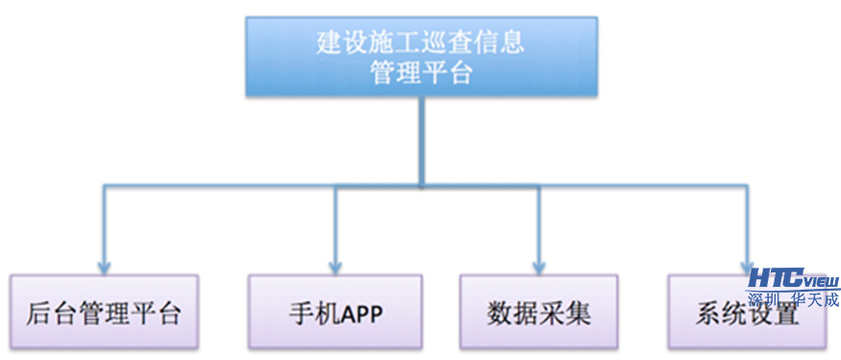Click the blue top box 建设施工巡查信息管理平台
point(420,56)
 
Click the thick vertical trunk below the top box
point(420,140)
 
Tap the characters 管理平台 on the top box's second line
point(421,73)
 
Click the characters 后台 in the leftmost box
point(47,313)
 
